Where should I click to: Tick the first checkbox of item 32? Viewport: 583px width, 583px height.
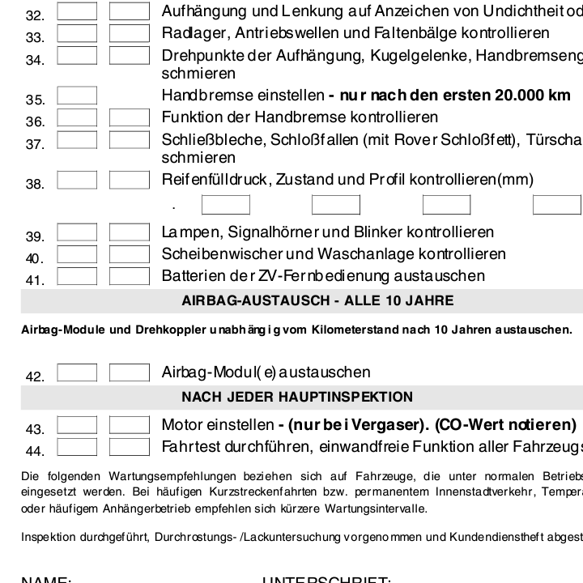(x=77, y=11)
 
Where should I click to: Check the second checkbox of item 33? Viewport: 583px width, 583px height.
(x=130, y=33)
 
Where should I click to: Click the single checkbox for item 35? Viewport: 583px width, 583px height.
(x=77, y=96)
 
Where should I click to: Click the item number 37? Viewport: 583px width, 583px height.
(x=34, y=145)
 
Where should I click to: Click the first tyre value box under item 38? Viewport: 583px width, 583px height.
(x=225, y=205)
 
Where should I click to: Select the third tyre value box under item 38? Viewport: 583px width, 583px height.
(x=446, y=205)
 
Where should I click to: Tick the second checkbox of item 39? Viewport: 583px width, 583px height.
(x=130, y=232)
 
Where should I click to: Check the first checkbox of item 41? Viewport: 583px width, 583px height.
(x=77, y=275)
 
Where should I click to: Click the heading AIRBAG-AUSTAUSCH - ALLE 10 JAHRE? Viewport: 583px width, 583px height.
(x=317, y=301)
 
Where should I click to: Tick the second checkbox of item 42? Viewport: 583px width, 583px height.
(x=130, y=372)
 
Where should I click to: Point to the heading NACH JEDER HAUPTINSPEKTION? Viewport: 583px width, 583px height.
(x=297, y=397)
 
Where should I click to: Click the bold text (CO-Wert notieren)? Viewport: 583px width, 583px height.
(x=505, y=425)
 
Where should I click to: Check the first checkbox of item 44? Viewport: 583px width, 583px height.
(x=77, y=446)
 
